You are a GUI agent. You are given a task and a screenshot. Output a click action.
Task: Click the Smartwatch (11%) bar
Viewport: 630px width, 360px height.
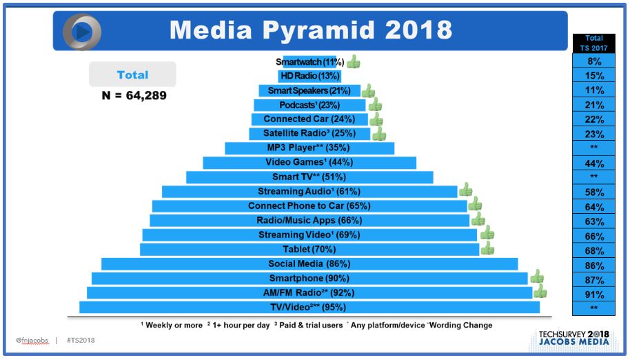coord(309,62)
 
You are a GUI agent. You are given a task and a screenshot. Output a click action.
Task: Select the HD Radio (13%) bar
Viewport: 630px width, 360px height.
coord(309,76)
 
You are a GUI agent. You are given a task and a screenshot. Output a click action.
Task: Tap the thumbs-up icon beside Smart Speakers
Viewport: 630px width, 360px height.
coord(369,91)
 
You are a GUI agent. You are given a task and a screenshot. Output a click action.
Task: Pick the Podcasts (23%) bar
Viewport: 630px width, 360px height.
coord(309,106)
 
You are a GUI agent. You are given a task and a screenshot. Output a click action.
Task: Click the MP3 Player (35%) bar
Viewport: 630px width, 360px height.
coord(309,148)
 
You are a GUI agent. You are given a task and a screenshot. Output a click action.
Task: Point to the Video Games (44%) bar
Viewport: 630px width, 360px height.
coord(309,163)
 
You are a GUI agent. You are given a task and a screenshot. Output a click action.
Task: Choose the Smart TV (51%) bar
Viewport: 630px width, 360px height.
coord(309,177)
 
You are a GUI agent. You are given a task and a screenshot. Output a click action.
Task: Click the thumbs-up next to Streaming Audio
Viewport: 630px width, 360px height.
coord(466,190)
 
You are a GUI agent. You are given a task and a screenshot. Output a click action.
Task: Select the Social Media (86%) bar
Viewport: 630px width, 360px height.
coord(309,263)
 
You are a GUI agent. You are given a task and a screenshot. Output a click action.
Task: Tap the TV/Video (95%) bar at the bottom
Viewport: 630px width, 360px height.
coord(309,307)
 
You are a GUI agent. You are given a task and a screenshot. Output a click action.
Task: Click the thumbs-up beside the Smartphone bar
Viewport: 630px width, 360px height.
coord(537,277)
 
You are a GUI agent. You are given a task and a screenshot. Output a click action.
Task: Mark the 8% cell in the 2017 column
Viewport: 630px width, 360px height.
coord(593,61)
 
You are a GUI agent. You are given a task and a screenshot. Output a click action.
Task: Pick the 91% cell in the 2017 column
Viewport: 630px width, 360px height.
coord(593,294)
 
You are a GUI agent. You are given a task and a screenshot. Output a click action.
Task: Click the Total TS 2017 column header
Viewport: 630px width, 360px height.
coord(593,43)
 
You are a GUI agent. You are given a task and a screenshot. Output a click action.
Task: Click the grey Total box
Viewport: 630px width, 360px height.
coord(133,74)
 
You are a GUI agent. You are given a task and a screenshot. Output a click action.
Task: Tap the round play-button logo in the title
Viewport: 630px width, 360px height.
coord(82,32)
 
